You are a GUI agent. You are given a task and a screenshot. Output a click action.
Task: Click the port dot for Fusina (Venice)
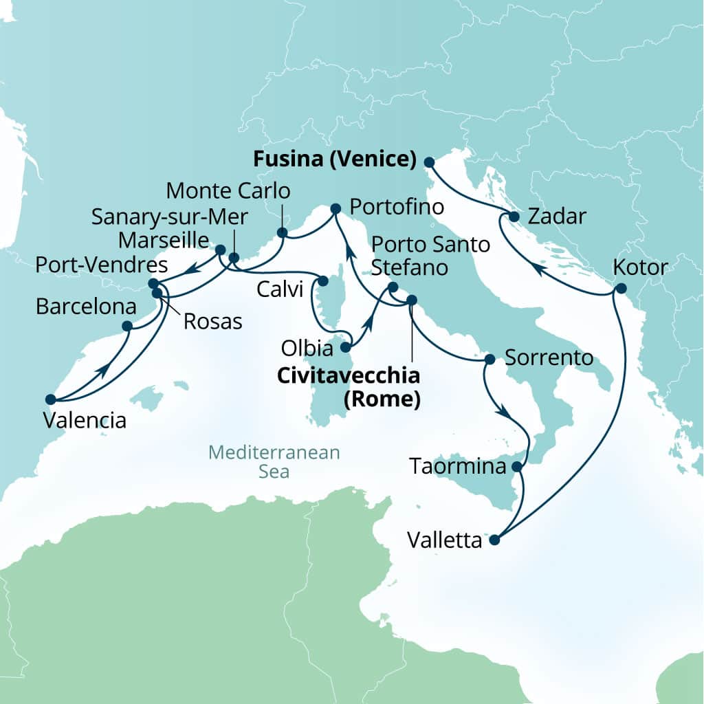point(429,162)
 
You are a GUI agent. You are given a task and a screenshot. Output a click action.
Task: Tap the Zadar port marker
point(514,217)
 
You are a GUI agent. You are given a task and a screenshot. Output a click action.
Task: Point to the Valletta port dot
point(494,540)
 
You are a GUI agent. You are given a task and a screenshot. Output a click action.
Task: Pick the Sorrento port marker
point(490,359)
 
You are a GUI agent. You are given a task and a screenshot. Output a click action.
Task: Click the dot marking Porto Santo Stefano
point(393,287)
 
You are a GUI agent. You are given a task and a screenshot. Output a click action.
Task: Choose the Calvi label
point(280,290)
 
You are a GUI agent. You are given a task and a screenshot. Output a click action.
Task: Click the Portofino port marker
point(335,208)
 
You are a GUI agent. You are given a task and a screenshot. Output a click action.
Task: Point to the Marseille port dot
point(220,250)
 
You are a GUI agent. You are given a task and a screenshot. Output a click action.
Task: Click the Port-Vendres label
point(101,265)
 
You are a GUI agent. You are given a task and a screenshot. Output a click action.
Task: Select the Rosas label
point(212,320)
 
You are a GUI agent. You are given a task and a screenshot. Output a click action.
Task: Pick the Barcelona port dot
point(127,326)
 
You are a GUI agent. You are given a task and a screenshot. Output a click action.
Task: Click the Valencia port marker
point(50,399)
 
